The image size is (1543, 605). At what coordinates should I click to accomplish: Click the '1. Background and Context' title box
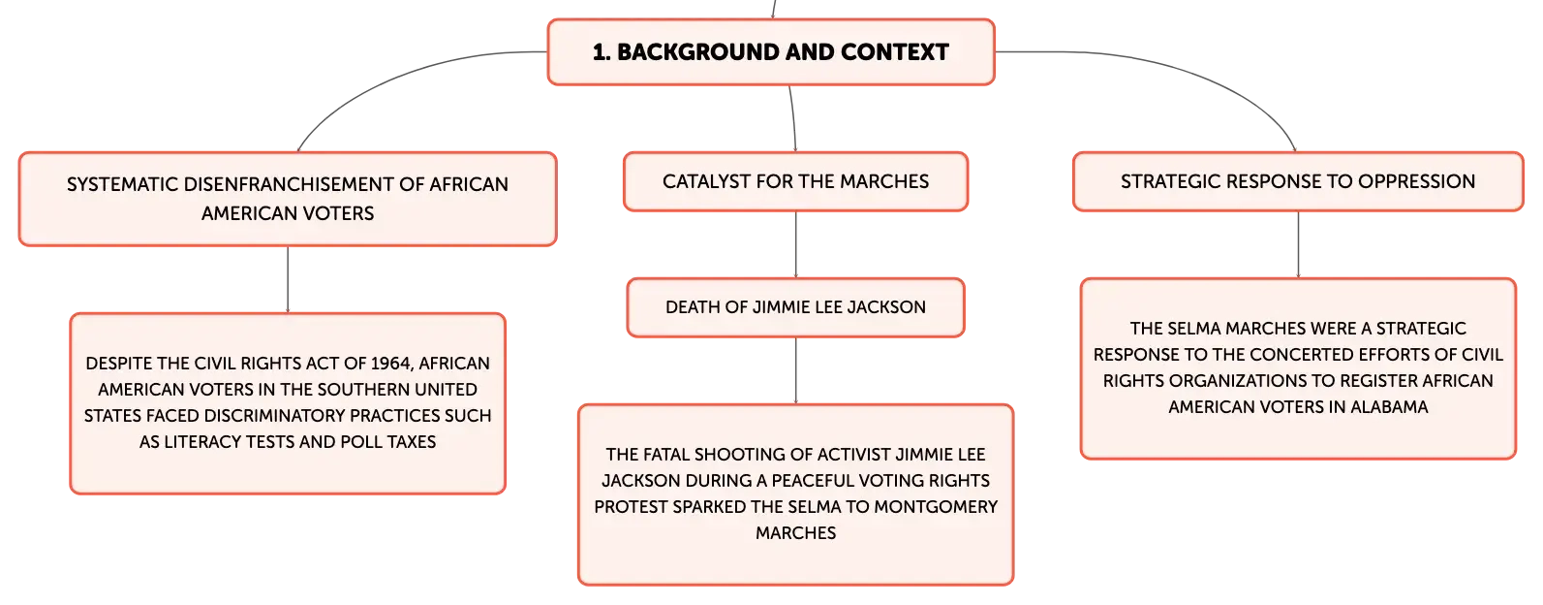pos(771,51)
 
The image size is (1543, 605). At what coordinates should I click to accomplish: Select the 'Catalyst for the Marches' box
pos(795,181)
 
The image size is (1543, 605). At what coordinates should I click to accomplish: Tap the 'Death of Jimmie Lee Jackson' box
pos(795,307)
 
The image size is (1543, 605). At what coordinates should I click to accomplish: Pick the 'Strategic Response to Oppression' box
pos(1298,181)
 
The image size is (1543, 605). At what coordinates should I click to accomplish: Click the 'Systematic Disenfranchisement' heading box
pos(288,199)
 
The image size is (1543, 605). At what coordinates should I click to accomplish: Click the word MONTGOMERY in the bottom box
pos(936,507)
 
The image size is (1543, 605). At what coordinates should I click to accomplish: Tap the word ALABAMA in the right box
pos(1389,407)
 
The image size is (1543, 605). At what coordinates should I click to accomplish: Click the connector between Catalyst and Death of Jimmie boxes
pos(795,244)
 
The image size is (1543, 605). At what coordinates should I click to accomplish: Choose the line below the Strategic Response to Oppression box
pos(1299,244)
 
